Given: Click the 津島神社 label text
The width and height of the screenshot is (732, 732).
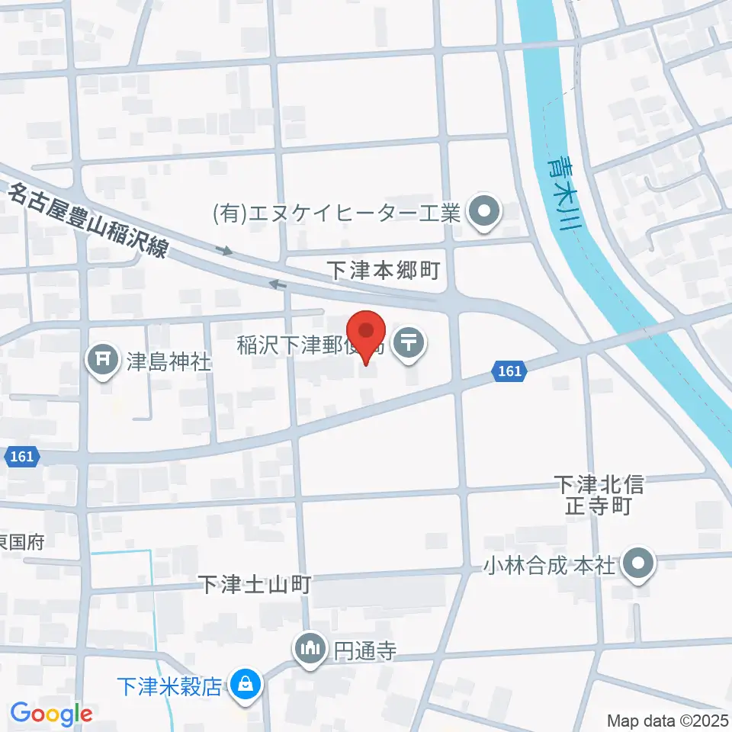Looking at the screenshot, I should click(168, 361).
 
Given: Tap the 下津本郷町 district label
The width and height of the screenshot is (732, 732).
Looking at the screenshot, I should click(383, 270).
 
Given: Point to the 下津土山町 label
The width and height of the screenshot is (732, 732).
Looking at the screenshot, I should click(255, 585).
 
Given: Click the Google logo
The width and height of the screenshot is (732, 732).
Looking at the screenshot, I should click(50, 714).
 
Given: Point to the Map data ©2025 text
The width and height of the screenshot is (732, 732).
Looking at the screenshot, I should click(666, 720).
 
